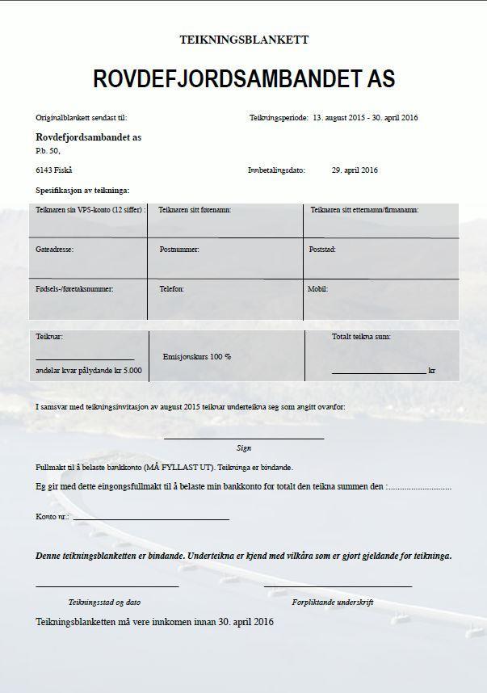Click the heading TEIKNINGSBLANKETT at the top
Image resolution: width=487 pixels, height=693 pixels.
click(244, 40)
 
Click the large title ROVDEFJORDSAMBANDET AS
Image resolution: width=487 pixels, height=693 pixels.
click(244, 78)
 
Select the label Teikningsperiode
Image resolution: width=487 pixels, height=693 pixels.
click(279, 118)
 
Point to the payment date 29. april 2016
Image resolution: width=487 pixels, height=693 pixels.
click(355, 170)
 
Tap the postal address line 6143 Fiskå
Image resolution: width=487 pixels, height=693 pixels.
click(54, 170)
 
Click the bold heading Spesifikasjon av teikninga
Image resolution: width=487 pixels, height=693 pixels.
click(82, 191)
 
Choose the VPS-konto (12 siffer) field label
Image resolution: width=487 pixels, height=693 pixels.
click(90, 210)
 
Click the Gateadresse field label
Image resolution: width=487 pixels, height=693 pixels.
click(54, 250)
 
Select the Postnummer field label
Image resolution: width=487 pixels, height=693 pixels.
click(179, 250)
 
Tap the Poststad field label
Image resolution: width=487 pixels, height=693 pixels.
click(322, 250)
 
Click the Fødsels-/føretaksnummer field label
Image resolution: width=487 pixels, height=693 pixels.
click(74, 288)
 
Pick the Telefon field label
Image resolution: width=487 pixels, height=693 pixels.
click(172, 288)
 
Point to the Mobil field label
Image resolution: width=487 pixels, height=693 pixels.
click(317, 288)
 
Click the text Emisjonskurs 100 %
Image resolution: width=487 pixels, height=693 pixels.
click(197, 356)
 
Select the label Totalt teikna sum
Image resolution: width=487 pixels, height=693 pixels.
click(361, 337)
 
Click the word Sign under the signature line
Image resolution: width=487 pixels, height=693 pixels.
click(244, 447)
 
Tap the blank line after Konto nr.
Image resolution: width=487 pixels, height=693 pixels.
click(151, 518)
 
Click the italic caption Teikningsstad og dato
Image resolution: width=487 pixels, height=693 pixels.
click(104, 602)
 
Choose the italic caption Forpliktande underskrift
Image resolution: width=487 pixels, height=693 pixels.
click(333, 602)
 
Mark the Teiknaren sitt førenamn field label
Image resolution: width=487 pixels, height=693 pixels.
click(195, 210)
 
